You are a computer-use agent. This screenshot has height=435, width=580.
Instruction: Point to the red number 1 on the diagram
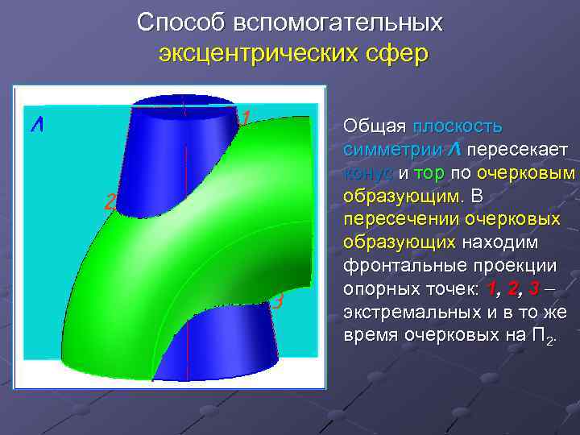tap(245, 119)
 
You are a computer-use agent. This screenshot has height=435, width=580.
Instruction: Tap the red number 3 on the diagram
tap(277, 302)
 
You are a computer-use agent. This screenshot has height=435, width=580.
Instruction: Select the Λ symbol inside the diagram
tap(37, 126)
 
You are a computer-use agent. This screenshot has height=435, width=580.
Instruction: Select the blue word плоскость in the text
tap(458, 126)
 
